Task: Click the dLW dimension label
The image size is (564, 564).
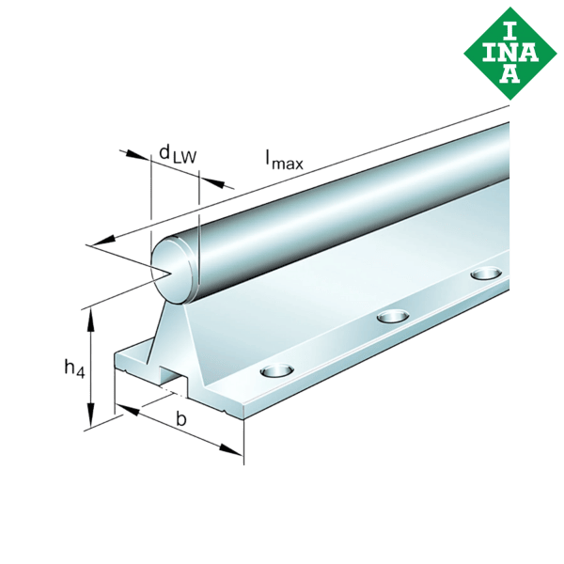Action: click(177, 154)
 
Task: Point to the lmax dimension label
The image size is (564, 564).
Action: click(284, 161)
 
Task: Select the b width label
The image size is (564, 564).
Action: click(180, 420)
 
